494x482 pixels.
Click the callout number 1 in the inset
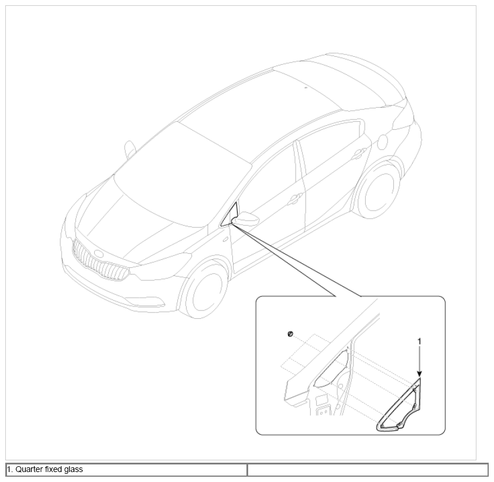click(419, 341)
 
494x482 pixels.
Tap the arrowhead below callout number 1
click(419, 373)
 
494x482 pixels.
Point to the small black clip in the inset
click(290, 334)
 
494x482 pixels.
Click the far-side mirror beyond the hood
click(130, 149)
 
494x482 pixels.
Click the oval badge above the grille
click(98, 253)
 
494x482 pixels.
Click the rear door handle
click(359, 153)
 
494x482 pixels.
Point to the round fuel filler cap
click(382, 142)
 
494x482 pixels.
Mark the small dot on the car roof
click(306, 88)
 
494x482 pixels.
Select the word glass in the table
click(73, 470)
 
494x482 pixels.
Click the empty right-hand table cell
click(368, 469)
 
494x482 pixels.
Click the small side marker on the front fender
click(225, 240)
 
